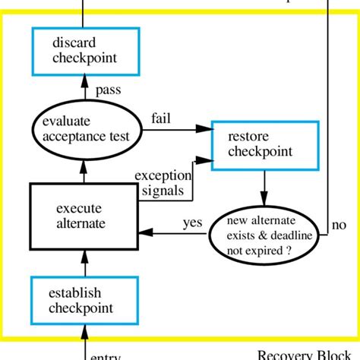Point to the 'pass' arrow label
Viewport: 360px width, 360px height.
[108, 90]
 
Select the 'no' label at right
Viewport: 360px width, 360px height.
[339, 226]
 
